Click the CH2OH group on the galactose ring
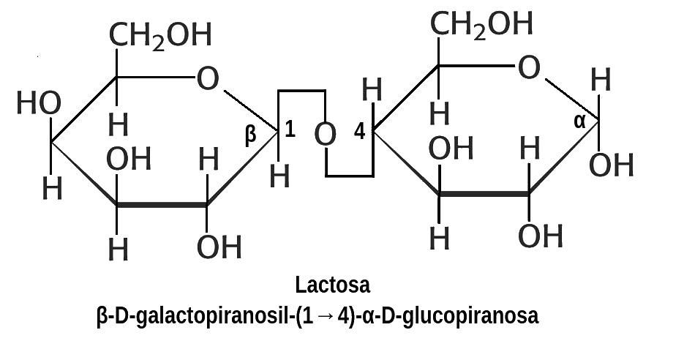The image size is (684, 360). pos(160,35)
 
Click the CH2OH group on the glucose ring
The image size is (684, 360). pos(481,24)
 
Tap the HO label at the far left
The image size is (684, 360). pos(38,105)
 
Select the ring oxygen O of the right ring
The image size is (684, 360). pos(529,69)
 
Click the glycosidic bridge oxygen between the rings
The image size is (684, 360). pos(326,135)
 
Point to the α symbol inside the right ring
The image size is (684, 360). pos(579,121)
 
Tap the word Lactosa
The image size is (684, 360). pos(333,284)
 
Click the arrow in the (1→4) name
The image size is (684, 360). pos(326,317)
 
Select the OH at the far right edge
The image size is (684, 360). pos(611,165)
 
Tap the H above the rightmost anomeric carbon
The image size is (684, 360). pos(601,80)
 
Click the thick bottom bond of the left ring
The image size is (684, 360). pos(162,206)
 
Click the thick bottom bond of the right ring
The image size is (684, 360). pos(484,195)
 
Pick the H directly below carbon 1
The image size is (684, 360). pos(279,176)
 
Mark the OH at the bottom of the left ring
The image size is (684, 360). pos(219,248)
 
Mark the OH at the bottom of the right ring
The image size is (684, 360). pos(541,236)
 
